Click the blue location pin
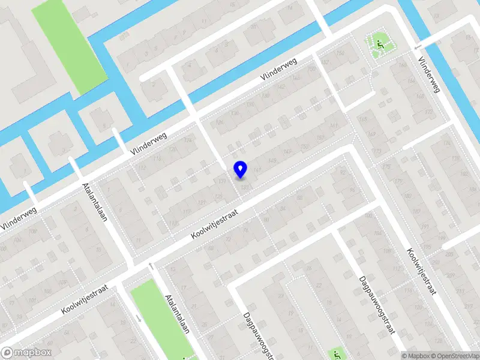[x=240, y=169]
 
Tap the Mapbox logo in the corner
[x=26, y=352]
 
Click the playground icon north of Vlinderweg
[x=379, y=43]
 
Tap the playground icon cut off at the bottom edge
[x=337, y=354]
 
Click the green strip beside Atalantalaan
[x=163, y=318]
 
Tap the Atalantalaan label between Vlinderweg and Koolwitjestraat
[x=94, y=202]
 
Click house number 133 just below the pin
[x=245, y=188]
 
